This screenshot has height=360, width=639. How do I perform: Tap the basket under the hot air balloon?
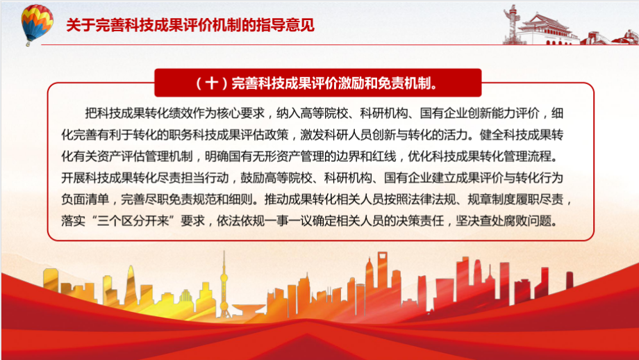28,43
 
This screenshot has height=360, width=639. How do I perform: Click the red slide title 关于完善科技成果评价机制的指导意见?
190,25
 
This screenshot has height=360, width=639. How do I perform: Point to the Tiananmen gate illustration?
545,28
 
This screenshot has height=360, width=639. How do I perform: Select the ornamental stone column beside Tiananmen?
511,24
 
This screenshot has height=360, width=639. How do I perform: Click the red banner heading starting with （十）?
318,83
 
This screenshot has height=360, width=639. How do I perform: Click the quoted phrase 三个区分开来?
133,220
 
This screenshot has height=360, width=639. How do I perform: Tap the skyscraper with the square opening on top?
382,281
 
